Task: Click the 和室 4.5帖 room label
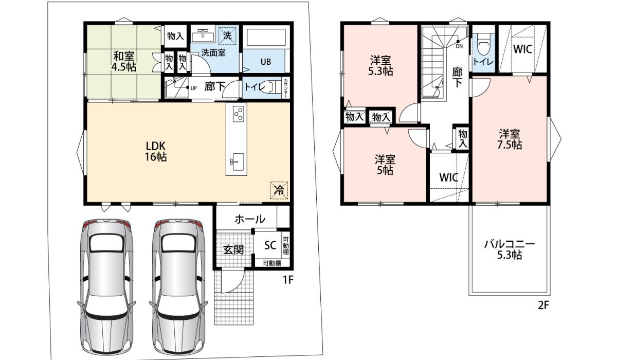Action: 124,61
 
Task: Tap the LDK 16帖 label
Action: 156,151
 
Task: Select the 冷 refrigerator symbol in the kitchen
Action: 279,190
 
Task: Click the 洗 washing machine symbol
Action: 227,35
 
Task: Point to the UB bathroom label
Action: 266,62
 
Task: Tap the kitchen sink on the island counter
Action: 237,162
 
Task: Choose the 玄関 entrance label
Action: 233,250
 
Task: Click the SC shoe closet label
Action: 270,245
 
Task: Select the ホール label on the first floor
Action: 250,219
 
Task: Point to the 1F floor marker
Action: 288,280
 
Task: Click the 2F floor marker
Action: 543,305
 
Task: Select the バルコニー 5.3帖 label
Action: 510,249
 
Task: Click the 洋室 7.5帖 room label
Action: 510,139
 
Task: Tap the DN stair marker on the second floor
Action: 459,46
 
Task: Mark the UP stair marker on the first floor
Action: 194,88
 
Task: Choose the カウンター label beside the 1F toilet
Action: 286,88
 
